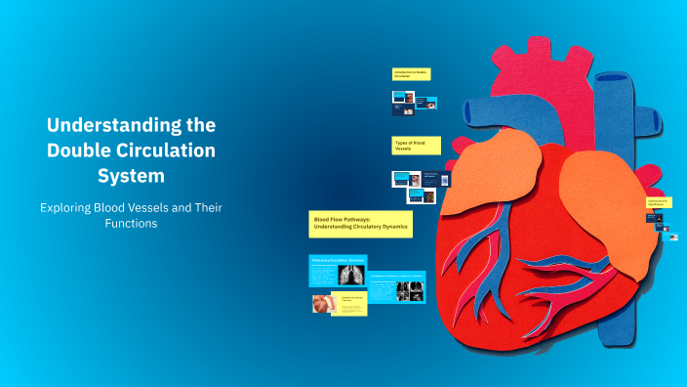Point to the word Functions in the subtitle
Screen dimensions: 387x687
coord(131,224)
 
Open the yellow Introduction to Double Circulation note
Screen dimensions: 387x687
coord(411,73)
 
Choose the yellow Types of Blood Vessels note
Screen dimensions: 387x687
coord(415,146)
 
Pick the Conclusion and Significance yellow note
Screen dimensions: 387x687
coord(657,201)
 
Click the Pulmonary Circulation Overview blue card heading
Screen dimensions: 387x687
coord(337,261)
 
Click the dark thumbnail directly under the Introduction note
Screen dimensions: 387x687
coord(404,98)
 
